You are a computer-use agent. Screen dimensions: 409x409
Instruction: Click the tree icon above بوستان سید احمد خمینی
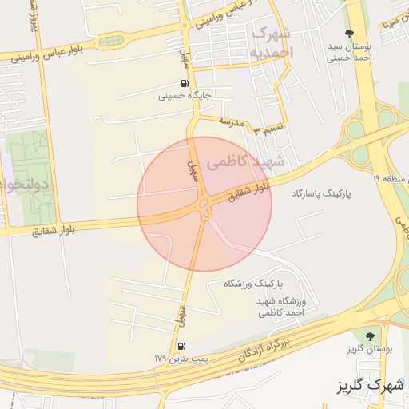point(348,33)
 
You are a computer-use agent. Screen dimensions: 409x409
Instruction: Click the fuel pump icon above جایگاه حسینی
point(185,84)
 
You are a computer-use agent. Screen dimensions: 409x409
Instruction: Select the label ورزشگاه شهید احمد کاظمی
point(284,307)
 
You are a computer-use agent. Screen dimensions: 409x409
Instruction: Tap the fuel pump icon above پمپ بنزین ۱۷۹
point(182,347)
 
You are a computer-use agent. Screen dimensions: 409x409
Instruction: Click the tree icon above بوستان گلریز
point(368,336)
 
